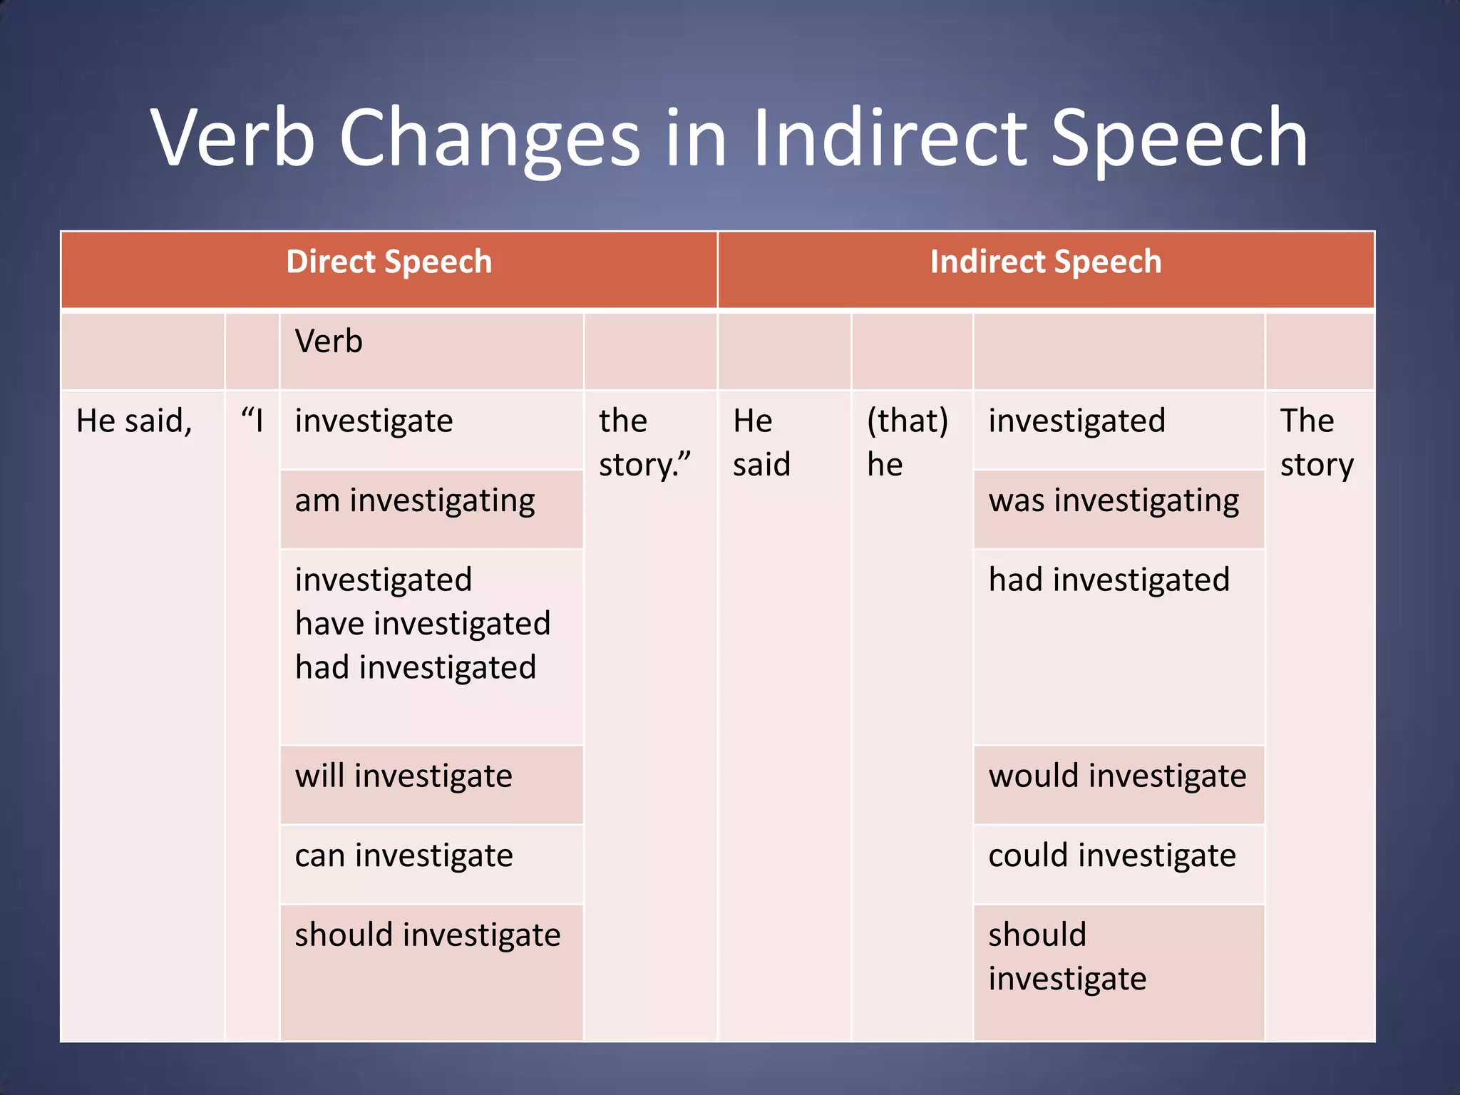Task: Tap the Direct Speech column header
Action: [x=389, y=262]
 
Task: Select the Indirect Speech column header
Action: [x=1045, y=262]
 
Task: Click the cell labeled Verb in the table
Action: [x=329, y=341]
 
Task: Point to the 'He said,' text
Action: [x=134, y=421]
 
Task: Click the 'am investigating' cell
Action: [x=415, y=500]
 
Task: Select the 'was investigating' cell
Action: [x=1114, y=500]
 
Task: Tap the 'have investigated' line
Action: [x=423, y=624]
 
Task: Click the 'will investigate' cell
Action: [x=403, y=776]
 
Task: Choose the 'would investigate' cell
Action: [x=1117, y=776]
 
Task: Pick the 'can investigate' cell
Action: [x=403, y=855]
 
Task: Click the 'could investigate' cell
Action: [x=1112, y=855]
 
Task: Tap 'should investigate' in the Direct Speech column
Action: [x=428, y=935]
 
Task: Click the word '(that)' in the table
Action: [x=907, y=421]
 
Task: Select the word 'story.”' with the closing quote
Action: [x=644, y=465]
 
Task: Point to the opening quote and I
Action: [x=252, y=421]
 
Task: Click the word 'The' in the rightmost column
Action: [x=1307, y=421]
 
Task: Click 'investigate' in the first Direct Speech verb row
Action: [x=374, y=421]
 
